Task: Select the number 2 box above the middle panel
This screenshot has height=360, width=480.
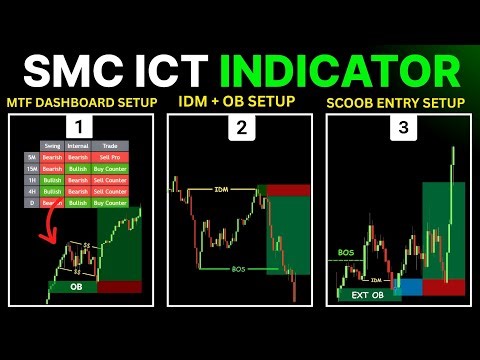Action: point(240,127)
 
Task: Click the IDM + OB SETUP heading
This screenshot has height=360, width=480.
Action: point(239,103)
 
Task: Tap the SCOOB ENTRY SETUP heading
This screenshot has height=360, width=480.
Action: point(397,103)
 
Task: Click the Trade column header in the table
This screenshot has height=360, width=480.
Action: point(110,146)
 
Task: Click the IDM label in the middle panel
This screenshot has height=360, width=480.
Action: point(220,189)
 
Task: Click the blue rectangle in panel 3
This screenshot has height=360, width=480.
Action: point(409,286)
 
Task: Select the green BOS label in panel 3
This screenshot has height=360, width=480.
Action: point(347,253)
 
